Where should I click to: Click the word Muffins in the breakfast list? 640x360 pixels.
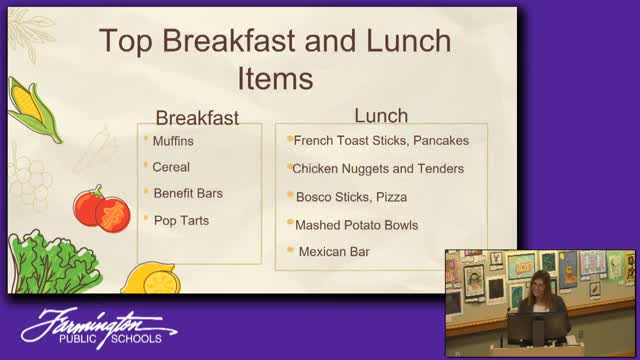(x=173, y=141)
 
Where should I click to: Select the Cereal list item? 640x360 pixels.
(x=171, y=167)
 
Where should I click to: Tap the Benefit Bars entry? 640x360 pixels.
(x=188, y=193)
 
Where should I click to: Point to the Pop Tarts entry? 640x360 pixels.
(x=181, y=221)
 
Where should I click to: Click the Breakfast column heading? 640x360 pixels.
(x=197, y=118)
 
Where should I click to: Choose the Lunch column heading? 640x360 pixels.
(x=381, y=116)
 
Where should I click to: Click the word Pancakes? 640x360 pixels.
(x=441, y=140)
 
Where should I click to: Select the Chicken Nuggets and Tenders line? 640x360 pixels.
(x=378, y=169)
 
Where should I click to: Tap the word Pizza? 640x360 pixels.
(x=391, y=197)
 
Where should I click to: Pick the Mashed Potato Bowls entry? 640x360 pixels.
(x=356, y=225)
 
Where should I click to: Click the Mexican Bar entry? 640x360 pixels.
(x=334, y=252)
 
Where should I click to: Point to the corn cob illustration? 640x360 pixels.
(x=34, y=110)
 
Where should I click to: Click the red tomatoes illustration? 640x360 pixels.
(x=102, y=209)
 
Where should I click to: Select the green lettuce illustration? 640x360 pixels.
(x=53, y=262)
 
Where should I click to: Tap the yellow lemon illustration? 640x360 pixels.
(x=151, y=279)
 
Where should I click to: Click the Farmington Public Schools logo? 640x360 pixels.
(x=99, y=328)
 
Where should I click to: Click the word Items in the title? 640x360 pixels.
(x=275, y=78)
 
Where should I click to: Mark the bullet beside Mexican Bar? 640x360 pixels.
(x=290, y=249)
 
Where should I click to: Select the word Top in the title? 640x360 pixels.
(x=126, y=41)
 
